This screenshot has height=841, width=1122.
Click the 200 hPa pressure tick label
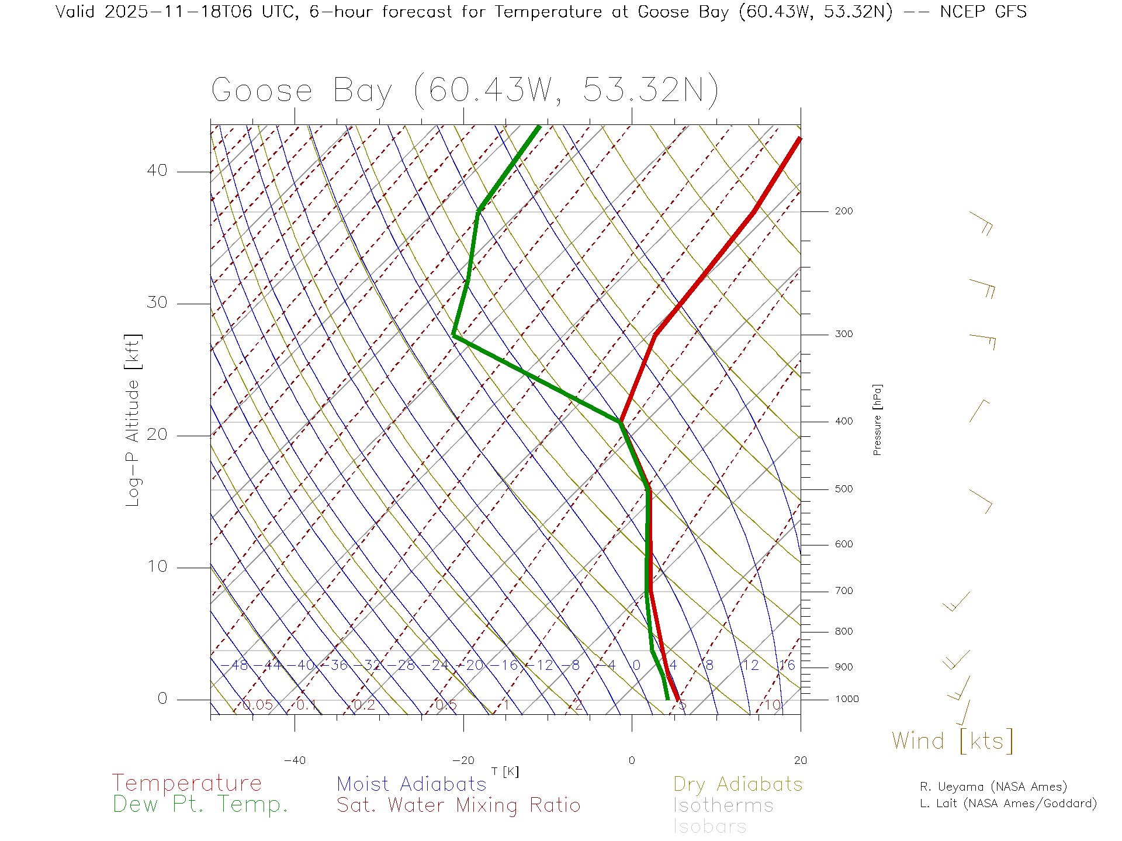[x=843, y=211]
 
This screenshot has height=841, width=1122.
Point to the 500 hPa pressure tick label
[x=843, y=489]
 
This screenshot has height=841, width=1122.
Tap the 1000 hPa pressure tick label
[x=847, y=700]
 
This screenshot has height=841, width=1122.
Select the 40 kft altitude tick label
[x=157, y=171]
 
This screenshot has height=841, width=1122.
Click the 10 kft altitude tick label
[x=157, y=567]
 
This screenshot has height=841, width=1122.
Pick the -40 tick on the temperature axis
[x=295, y=760]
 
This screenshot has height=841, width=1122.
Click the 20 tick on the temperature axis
[x=800, y=760]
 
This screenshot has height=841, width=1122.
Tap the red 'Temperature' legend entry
[x=186, y=783]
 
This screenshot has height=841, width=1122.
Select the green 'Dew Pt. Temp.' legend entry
[x=200, y=805]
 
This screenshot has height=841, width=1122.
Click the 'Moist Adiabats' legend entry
[x=411, y=784]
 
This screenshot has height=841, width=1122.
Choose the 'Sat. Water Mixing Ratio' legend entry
[x=458, y=805]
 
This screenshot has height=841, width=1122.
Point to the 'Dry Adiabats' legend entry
[x=737, y=784]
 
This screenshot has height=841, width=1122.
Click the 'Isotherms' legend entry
[x=723, y=806]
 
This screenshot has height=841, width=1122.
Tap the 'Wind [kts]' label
[x=953, y=741]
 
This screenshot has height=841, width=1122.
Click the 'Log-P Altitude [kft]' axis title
[x=133, y=420]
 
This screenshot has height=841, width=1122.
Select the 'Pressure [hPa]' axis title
[x=877, y=419]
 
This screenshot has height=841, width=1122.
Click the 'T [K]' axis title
[x=505, y=772]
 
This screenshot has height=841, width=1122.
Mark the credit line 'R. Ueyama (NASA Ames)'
[x=993, y=787]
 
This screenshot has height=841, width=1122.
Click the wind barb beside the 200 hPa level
[x=982, y=223]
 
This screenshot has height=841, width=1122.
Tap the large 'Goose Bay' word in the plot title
[x=302, y=91]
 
